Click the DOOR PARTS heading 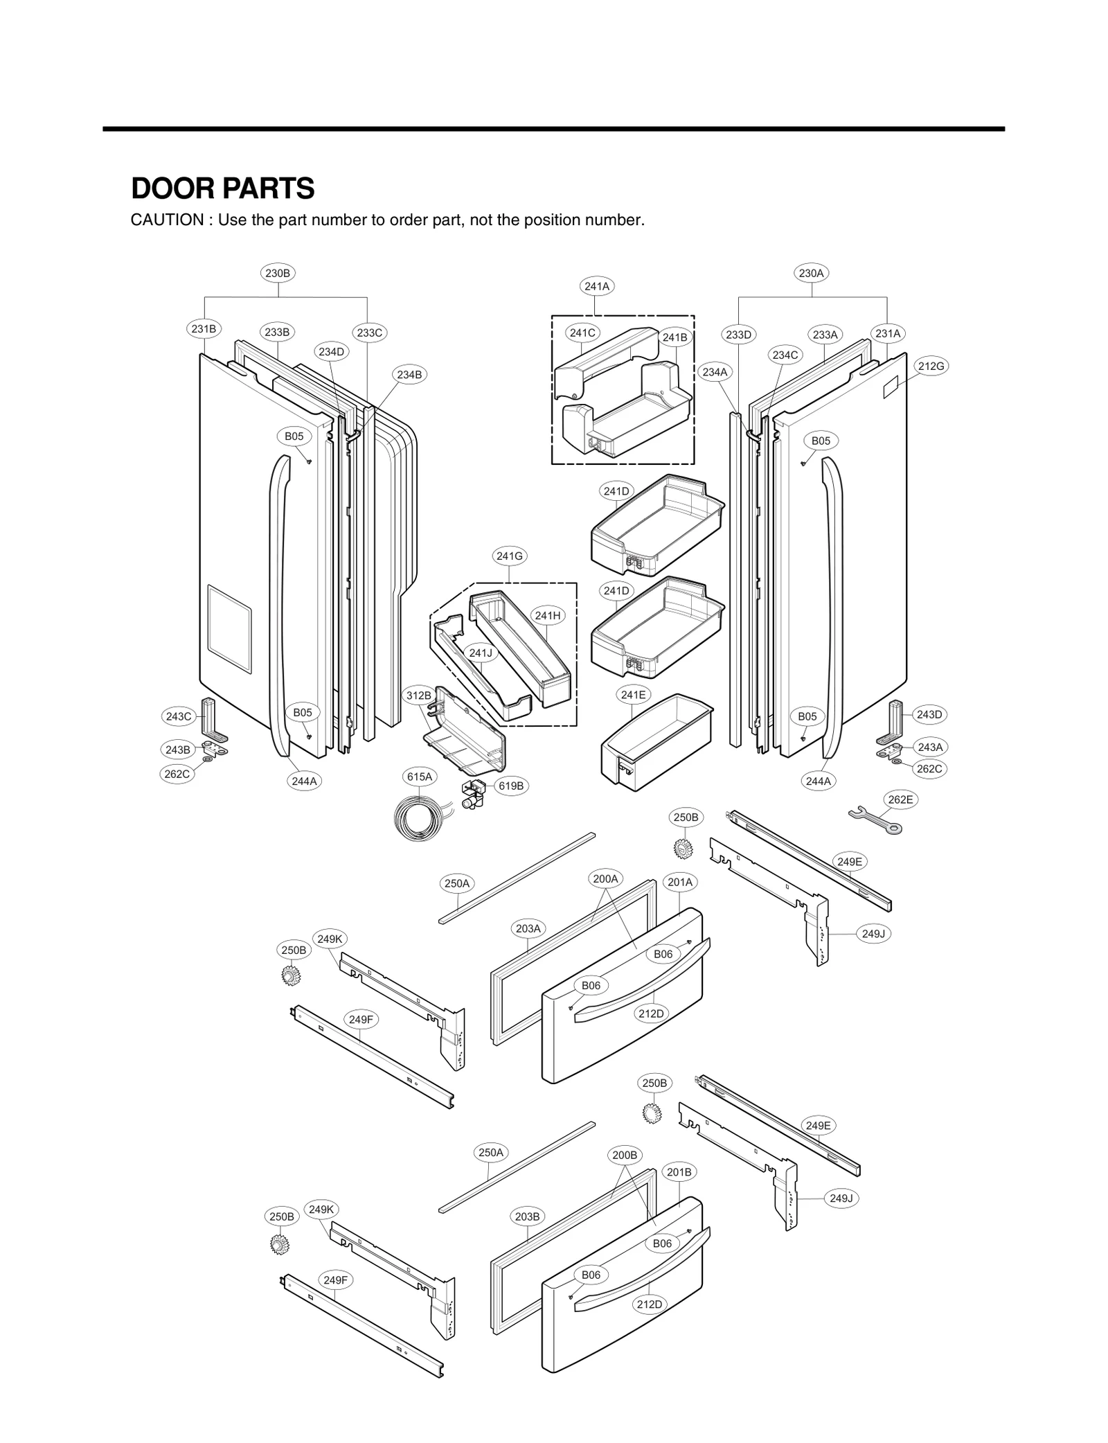[x=222, y=188]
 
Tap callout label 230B [x=278, y=273]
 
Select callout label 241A [x=597, y=286]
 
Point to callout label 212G [x=931, y=366]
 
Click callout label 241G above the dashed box [x=510, y=556]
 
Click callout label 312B [x=418, y=695]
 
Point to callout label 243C [x=178, y=716]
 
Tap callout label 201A [x=679, y=882]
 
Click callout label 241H [x=548, y=615]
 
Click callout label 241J [x=480, y=653]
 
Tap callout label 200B [x=624, y=1155]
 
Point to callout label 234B [x=409, y=375]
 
